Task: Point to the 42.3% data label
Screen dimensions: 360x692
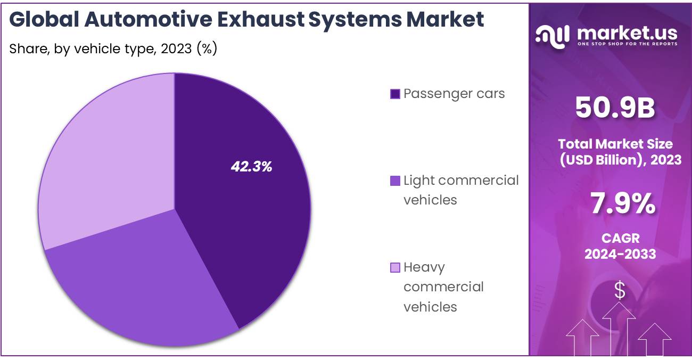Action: [251, 167]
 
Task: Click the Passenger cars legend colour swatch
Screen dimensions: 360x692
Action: [395, 94]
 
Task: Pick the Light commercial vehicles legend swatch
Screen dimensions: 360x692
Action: [395, 181]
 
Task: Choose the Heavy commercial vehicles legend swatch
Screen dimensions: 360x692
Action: [395, 267]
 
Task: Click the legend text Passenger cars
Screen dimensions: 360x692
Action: [454, 94]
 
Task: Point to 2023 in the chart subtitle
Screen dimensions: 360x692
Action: [175, 49]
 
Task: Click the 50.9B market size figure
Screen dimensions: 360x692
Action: [615, 109]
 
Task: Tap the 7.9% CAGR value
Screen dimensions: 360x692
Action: [622, 204]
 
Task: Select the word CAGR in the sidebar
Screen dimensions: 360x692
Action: [621, 238]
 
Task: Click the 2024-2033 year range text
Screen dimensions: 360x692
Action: [621, 254]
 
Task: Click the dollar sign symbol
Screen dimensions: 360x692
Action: [620, 291]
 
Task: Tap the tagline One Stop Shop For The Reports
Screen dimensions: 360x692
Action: [628, 44]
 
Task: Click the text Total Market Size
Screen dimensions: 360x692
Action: [615, 144]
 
